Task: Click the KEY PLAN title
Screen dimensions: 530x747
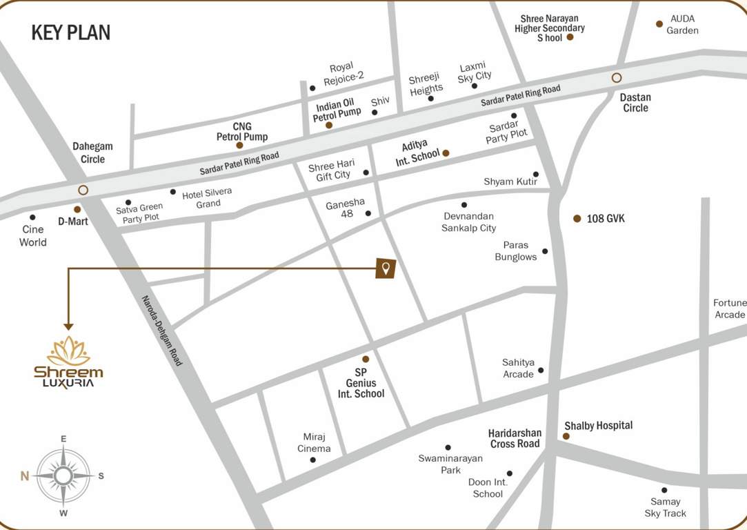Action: click(x=71, y=32)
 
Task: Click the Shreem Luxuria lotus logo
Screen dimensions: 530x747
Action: click(x=68, y=351)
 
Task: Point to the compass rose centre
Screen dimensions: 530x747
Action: click(x=63, y=475)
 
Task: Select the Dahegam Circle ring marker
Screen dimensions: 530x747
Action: click(x=83, y=190)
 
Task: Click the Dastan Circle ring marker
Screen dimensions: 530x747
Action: click(x=617, y=78)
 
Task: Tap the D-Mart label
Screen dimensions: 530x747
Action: click(x=72, y=222)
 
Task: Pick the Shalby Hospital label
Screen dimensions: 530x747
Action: click(x=598, y=425)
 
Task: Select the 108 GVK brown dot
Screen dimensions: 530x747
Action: click(x=577, y=218)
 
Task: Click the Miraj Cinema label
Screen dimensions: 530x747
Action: click(x=314, y=442)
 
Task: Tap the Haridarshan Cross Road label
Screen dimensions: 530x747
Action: click(x=515, y=438)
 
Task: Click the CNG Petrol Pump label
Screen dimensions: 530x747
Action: click(x=241, y=131)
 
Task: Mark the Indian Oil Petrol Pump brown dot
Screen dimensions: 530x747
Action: click(x=329, y=125)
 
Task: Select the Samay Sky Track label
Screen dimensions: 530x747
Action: click(x=665, y=507)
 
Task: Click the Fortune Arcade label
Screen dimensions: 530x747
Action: click(x=729, y=308)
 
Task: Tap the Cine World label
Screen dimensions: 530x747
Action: click(x=33, y=235)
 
